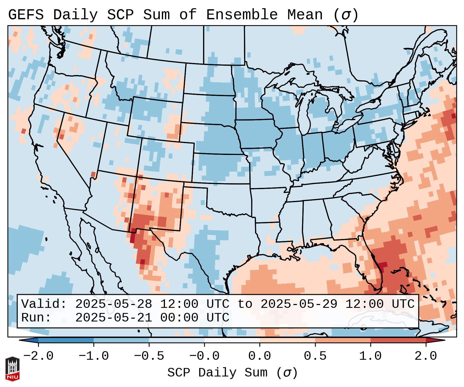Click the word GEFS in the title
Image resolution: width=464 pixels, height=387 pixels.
[x=26, y=15]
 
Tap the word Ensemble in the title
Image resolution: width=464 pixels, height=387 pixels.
[x=242, y=15]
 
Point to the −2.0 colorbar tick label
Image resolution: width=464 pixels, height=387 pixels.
[x=38, y=356]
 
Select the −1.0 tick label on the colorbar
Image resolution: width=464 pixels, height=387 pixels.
[x=94, y=356]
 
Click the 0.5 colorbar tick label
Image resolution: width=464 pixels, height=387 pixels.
[x=315, y=356]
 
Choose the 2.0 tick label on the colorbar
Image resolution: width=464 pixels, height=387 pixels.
[x=426, y=356]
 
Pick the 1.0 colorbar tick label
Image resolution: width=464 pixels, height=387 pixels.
[x=371, y=356]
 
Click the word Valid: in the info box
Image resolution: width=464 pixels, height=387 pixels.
[x=44, y=304]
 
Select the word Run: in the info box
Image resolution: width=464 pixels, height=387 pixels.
[x=36, y=318]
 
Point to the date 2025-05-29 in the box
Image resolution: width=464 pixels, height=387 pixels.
[x=299, y=304]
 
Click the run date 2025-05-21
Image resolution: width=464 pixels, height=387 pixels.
[x=113, y=318]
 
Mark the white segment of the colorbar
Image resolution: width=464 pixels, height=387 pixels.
[x=232, y=340]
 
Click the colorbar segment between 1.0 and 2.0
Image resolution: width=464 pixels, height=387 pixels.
[x=398, y=340]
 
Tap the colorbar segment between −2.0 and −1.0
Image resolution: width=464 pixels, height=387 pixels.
[x=66, y=340]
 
